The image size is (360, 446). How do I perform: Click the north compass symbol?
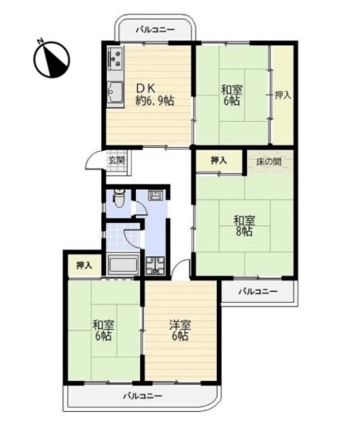coord(51,59)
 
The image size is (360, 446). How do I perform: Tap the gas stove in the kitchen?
coord(116,59)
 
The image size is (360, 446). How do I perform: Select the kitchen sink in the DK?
coord(116,93)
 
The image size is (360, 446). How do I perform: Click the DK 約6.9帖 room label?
coord(154,95)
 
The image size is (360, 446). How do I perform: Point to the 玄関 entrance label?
coord(116,161)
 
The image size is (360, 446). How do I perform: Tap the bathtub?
coord(123,264)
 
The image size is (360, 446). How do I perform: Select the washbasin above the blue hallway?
coord(155,195)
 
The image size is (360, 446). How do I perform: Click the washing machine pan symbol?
coord(155,266)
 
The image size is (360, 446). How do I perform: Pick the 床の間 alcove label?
coord(269,161)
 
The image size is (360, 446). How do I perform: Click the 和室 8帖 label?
coord(244,226)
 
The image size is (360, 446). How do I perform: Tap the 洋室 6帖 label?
coord(180,331)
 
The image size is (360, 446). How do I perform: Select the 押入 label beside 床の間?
coord(219,161)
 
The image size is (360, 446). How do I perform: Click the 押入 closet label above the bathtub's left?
coord(84,266)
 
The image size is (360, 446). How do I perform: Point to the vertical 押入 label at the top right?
coord(283,95)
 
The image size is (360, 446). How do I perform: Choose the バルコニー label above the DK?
coord(155,29)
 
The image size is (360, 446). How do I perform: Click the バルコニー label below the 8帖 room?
coord(258,292)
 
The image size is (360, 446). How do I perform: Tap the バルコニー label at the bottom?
coord(143,396)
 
